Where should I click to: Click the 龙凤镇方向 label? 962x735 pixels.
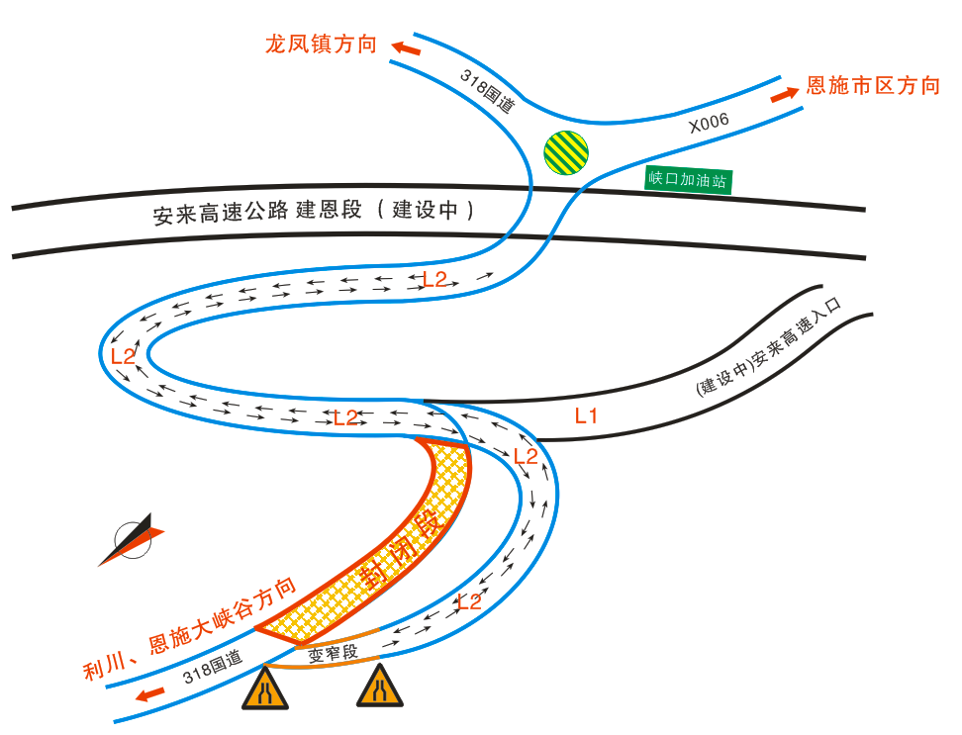pyautogui.click(x=321, y=44)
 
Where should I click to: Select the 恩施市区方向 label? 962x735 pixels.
pyautogui.click(x=873, y=86)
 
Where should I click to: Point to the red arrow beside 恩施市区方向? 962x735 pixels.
pyautogui.click(x=784, y=94)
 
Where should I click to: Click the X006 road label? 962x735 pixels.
pyautogui.click(x=709, y=123)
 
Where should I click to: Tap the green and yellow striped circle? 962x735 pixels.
pyautogui.click(x=566, y=153)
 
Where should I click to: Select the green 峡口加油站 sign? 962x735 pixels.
pyautogui.click(x=688, y=180)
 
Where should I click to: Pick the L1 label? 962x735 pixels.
pyautogui.click(x=586, y=416)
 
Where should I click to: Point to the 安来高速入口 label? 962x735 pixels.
pyautogui.click(x=768, y=346)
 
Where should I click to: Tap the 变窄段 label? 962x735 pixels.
pyautogui.click(x=330, y=652)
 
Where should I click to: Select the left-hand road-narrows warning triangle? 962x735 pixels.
pyautogui.click(x=265, y=689)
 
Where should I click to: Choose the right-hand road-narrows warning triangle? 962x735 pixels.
pyautogui.click(x=380, y=688)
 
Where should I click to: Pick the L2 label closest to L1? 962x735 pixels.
pyautogui.click(x=525, y=456)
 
